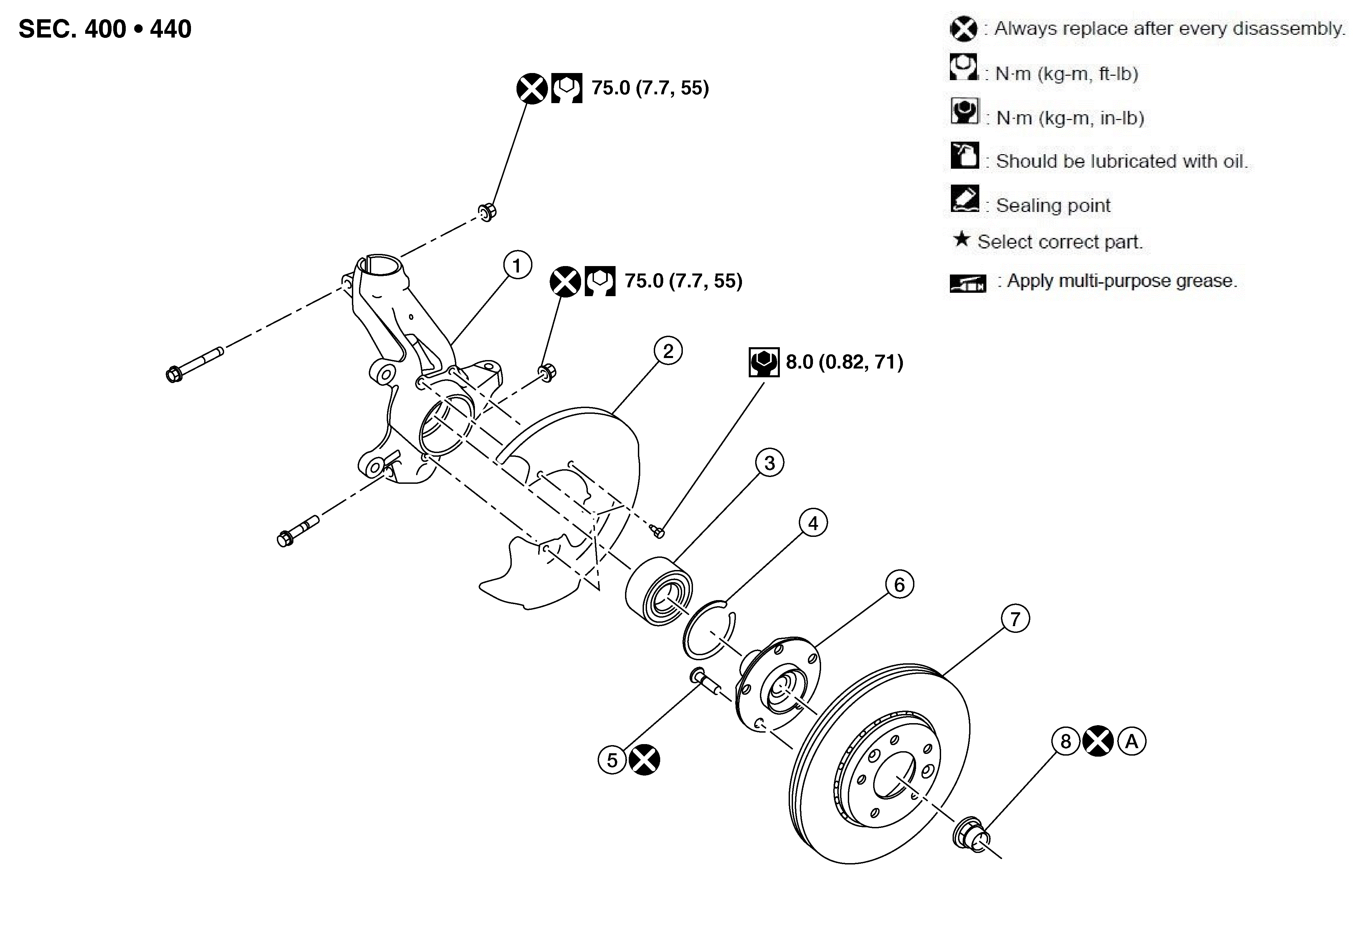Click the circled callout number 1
coord(517,266)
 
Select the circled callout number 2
coord(668,351)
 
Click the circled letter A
coord(1131,741)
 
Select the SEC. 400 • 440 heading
coord(105,29)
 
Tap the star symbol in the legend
coord(962,239)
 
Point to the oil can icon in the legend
coord(964,155)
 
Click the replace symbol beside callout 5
coord(644,760)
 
